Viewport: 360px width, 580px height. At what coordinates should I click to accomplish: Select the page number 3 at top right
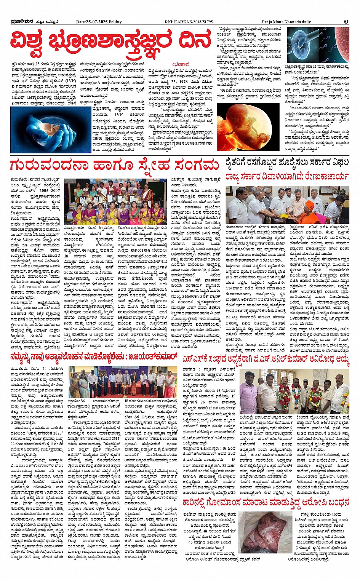[x=346, y=22]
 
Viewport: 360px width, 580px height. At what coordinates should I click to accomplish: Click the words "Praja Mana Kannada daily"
[x=286, y=22]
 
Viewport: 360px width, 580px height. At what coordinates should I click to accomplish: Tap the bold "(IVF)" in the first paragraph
[x=70, y=81]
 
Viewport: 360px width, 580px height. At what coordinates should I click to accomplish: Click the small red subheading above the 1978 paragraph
[x=181, y=65]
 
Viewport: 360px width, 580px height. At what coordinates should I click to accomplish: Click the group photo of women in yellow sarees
[x=114, y=202]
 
